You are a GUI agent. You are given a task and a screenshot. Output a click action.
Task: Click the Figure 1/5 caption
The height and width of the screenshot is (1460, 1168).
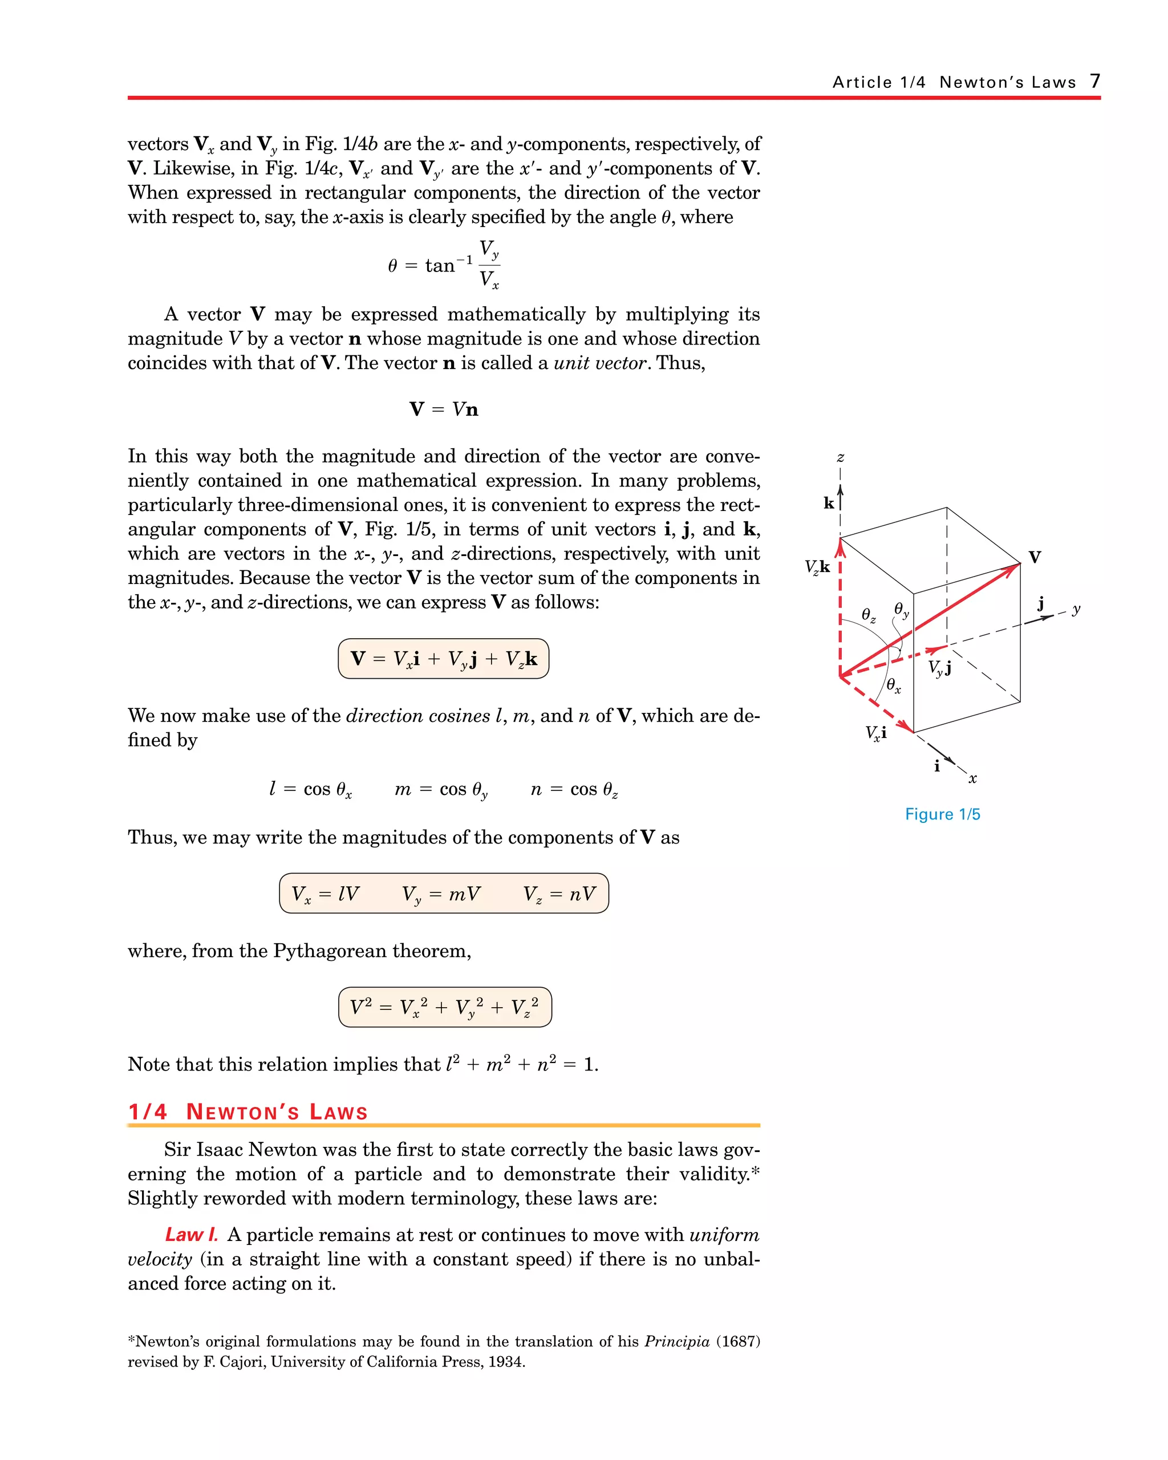(943, 814)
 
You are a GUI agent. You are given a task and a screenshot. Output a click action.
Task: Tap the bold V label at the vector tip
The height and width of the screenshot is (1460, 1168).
(1035, 557)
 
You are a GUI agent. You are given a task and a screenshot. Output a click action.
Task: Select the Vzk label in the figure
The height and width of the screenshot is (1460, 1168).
(817, 567)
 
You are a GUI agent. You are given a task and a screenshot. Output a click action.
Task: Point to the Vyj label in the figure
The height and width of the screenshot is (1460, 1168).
(940, 668)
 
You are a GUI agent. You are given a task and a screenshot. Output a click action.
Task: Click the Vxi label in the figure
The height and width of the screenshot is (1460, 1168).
(875, 733)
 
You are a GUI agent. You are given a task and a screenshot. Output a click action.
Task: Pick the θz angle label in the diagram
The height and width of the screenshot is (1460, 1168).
(868, 615)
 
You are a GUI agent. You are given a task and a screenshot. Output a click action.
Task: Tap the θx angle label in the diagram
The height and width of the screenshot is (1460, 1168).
(894, 686)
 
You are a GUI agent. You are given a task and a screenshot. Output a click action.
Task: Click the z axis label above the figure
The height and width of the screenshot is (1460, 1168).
(840, 458)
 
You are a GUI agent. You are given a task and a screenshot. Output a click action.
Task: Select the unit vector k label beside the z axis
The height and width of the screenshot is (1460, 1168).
(829, 503)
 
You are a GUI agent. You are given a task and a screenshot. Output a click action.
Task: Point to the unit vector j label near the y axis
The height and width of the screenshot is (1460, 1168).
(1041, 603)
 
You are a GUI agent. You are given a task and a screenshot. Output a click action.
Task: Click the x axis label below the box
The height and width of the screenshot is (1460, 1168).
(973, 778)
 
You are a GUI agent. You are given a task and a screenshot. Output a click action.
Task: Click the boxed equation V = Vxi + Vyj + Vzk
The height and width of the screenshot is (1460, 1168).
(444, 658)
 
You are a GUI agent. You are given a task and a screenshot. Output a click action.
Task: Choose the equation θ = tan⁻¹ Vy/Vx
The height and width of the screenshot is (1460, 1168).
(444, 265)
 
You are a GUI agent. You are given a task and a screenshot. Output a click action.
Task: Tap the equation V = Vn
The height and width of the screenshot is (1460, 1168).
(444, 409)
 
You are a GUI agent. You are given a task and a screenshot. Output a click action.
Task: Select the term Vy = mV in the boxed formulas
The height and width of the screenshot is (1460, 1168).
(441, 894)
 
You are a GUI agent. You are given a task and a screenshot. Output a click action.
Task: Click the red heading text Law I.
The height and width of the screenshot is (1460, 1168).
(192, 1235)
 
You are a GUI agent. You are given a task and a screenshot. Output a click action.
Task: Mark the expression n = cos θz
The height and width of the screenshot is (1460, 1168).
(574, 789)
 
